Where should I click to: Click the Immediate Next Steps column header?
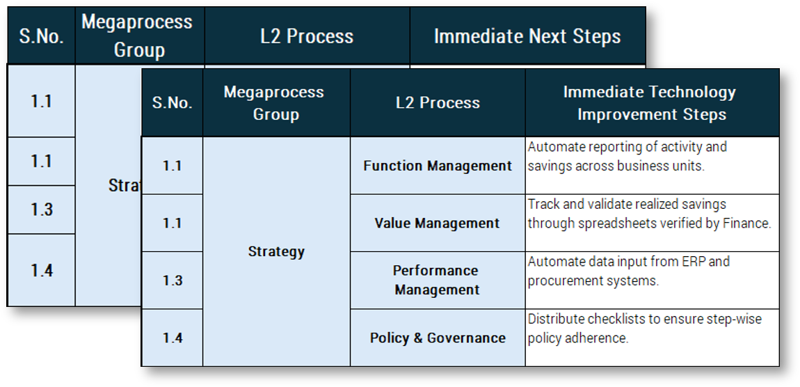point(527,36)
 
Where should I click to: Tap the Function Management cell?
point(437,166)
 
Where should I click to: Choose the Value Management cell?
point(437,223)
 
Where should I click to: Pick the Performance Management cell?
point(437,280)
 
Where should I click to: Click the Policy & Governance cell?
point(437,338)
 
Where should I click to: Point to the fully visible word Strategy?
point(276,251)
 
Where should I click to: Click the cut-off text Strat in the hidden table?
point(125,186)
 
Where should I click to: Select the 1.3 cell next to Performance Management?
point(173,281)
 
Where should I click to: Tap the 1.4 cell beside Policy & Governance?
point(173,338)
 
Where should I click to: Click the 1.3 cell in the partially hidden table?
point(42,210)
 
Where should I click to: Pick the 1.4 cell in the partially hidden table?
point(42,270)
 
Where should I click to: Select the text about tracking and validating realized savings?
point(648,214)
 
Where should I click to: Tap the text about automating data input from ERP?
point(628,271)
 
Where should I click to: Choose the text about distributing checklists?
point(644,329)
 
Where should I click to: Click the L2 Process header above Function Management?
point(437,103)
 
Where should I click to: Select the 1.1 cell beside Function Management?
point(173,166)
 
